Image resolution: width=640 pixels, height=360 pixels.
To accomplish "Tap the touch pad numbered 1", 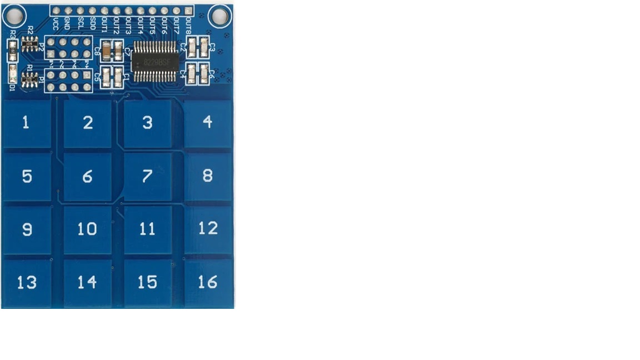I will pos(26,123).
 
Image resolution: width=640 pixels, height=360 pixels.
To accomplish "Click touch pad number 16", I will pos(208,283).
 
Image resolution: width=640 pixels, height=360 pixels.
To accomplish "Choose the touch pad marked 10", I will pos(87,229).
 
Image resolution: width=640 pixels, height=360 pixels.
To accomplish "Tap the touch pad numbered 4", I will pos(208,122).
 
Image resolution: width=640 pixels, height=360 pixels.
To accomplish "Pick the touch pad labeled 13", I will pos(26,283).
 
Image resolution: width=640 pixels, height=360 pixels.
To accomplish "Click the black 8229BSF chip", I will pos(156,61).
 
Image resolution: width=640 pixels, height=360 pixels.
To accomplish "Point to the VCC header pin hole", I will pos(56,11).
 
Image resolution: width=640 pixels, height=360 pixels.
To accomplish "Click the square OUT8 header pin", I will pos(188,11).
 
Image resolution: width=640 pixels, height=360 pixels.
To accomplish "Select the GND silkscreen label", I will pos(68,23).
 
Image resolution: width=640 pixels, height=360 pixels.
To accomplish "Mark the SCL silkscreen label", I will pos(80,23).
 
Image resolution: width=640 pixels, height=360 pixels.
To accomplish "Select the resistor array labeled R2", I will pos(30,43).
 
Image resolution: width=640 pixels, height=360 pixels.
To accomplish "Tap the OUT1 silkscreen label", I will pos(104,24).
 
